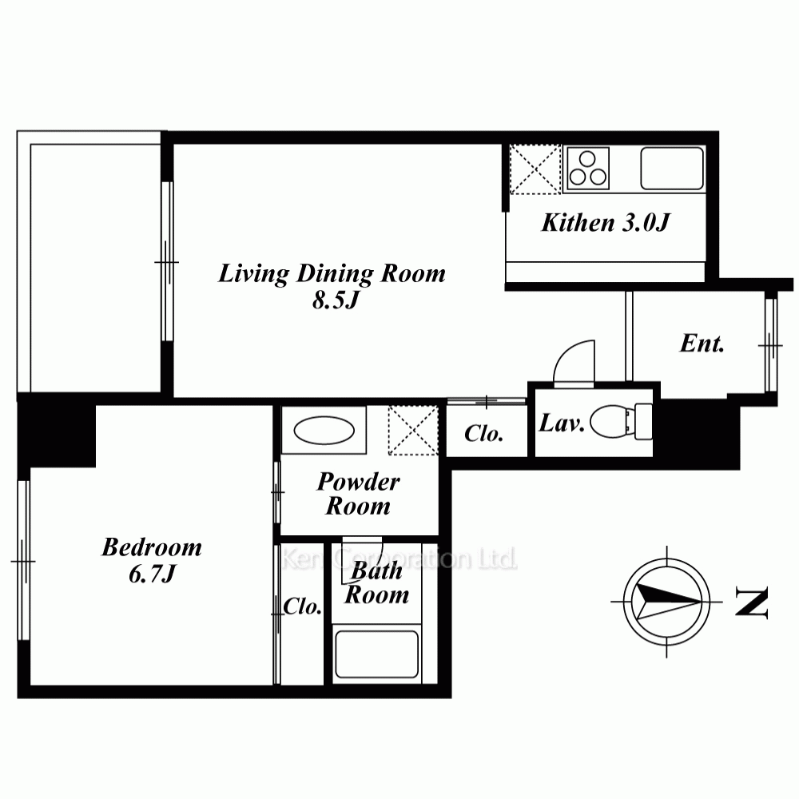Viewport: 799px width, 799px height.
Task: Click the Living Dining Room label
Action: pos(332,273)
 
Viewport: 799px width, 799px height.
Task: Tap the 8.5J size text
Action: pos(336,300)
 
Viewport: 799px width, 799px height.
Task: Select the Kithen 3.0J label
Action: pos(606,223)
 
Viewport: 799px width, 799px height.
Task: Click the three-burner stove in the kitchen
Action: pos(588,169)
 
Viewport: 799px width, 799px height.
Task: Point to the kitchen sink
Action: pos(672,169)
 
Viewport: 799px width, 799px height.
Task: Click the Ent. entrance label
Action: pos(702,344)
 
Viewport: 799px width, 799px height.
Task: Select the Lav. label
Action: pos(561,423)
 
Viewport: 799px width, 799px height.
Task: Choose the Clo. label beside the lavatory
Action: pos(483,434)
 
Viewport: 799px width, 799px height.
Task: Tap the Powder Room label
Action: pos(358,494)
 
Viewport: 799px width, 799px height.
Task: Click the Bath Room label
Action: pos(376,582)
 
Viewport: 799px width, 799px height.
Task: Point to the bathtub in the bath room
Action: pos(376,654)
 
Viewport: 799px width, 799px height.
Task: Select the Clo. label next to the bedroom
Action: pos(303,606)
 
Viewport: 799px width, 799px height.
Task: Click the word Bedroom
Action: pos(152,547)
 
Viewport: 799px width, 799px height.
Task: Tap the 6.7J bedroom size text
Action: pos(152,574)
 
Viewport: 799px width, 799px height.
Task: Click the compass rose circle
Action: pos(666,602)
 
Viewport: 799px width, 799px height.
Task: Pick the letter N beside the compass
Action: pos(751,602)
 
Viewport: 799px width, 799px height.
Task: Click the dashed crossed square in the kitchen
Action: pos(535,169)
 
